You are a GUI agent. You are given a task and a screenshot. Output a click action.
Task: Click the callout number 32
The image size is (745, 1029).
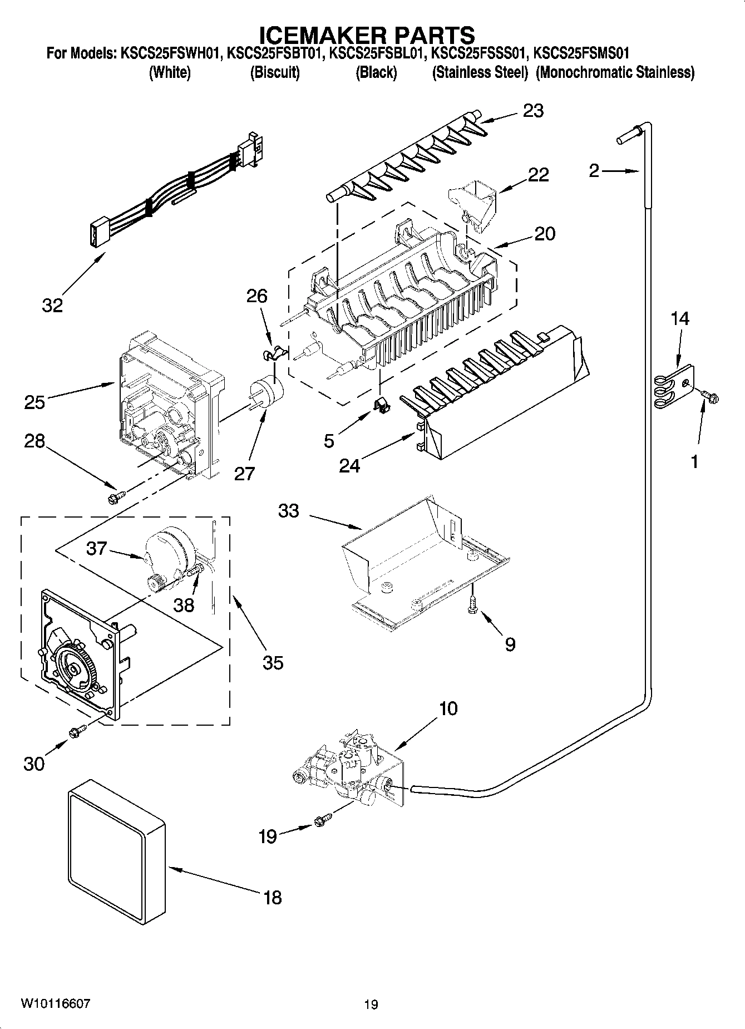(52, 305)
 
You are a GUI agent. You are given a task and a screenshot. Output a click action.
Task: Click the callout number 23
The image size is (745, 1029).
(532, 111)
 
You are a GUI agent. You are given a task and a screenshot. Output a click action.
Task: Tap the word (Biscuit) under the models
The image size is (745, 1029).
(275, 72)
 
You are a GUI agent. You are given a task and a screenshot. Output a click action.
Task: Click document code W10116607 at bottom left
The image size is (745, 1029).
(55, 1003)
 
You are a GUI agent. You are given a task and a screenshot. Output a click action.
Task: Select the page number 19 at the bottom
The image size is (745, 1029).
(371, 1005)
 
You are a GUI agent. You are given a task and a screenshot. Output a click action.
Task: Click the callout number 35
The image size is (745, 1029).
(273, 662)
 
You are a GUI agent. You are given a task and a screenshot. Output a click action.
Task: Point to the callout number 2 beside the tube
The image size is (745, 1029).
(594, 170)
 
